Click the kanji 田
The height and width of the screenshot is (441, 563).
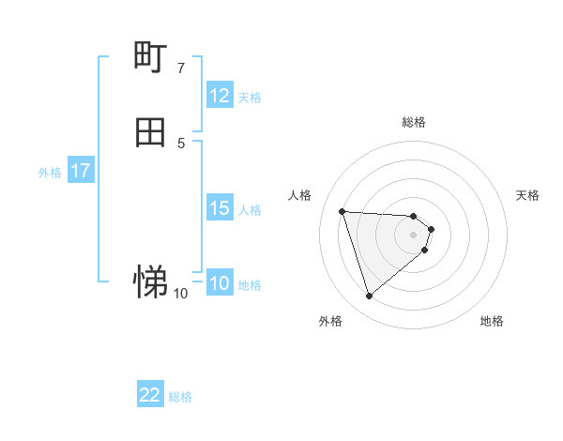point(151,132)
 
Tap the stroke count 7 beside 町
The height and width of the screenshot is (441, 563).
point(181,68)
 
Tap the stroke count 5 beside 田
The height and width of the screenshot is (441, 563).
point(181,143)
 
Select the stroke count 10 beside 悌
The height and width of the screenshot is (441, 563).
point(181,294)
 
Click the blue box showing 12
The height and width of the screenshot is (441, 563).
point(220,96)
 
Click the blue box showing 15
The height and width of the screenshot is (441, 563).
point(220,208)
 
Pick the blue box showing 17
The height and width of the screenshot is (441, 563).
point(81,171)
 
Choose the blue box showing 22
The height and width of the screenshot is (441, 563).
point(150,395)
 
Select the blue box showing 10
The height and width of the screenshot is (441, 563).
point(220,283)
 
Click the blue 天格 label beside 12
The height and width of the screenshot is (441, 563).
point(250,98)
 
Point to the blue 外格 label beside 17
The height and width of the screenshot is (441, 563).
point(50,173)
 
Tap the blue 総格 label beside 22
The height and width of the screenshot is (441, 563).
point(180,397)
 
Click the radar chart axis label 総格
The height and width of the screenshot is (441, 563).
point(414,122)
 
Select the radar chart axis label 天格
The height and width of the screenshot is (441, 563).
point(528,195)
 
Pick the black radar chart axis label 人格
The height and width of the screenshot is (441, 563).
point(300,195)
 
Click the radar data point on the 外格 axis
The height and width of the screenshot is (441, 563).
point(370,297)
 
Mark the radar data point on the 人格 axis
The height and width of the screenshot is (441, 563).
point(342,211)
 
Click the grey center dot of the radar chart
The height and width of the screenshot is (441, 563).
point(414,235)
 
